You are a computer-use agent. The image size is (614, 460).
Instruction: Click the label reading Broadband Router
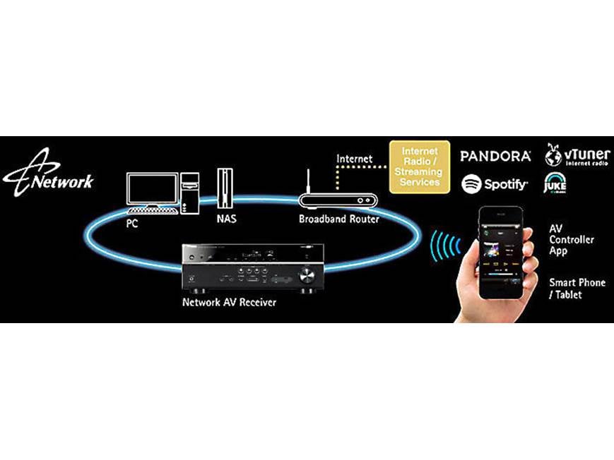pos(338,219)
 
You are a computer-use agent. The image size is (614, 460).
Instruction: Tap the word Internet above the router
pos(355,159)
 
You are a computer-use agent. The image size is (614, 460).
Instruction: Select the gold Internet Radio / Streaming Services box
pos(420,167)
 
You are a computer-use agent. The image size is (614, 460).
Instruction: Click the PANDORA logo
pos(495,156)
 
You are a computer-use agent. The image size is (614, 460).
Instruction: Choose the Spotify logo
pos(495,185)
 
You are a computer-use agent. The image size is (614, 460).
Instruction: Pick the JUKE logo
pos(555,182)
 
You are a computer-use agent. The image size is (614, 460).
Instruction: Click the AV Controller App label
pos(571,240)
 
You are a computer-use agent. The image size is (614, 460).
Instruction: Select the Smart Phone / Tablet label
pos(577,289)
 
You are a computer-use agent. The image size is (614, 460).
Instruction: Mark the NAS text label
pos(226,219)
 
